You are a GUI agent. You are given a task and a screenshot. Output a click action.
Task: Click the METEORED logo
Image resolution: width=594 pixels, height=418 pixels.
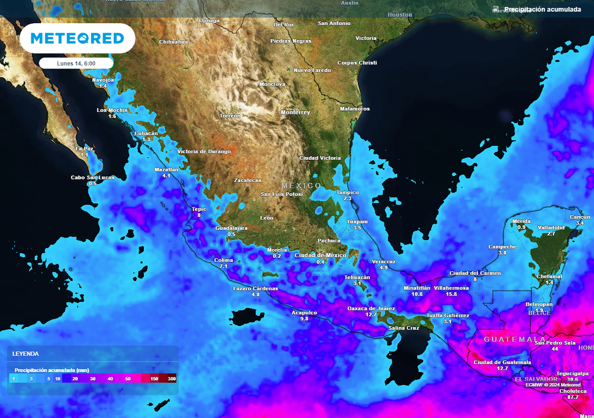[x=77, y=38]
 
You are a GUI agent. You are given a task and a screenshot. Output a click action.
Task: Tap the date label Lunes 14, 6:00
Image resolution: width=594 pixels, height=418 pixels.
[x=77, y=63]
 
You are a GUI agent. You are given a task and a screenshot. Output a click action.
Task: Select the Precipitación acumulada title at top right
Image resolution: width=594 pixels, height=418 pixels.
[x=542, y=9]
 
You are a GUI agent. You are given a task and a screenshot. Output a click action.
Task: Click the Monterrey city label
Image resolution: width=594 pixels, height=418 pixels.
[x=295, y=112]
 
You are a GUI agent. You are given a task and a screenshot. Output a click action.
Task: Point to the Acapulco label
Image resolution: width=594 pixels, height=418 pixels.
[x=304, y=312]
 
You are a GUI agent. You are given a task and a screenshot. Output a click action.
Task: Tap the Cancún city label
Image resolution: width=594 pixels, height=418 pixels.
[x=579, y=217]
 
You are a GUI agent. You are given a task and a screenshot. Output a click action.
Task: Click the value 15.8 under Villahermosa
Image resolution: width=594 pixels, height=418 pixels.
[x=451, y=294]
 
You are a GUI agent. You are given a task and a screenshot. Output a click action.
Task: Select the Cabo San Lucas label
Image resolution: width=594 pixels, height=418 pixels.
[x=93, y=178]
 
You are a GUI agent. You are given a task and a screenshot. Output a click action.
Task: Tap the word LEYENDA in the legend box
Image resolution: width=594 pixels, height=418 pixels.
[x=26, y=353]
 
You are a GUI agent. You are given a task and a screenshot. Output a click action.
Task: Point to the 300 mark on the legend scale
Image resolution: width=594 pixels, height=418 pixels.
[x=172, y=379]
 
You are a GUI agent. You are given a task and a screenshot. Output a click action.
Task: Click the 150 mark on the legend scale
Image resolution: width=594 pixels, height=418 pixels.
[x=154, y=379]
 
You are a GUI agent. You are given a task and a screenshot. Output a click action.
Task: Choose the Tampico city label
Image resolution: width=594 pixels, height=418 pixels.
[x=347, y=192]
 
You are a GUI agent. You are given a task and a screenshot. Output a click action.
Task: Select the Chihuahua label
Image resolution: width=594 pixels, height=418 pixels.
[x=173, y=42]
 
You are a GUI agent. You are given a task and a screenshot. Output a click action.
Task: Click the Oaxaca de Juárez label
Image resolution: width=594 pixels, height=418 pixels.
[x=371, y=308]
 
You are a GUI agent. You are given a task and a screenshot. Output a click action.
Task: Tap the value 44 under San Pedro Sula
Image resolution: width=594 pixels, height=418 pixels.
[x=555, y=349]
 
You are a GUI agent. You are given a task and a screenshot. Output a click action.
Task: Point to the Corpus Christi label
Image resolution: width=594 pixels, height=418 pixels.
[x=357, y=63]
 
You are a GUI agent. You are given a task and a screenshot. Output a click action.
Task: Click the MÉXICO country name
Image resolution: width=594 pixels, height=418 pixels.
[x=301, y=186]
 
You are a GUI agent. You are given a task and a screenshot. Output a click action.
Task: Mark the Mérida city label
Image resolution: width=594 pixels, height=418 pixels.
[x=521, y=221]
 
